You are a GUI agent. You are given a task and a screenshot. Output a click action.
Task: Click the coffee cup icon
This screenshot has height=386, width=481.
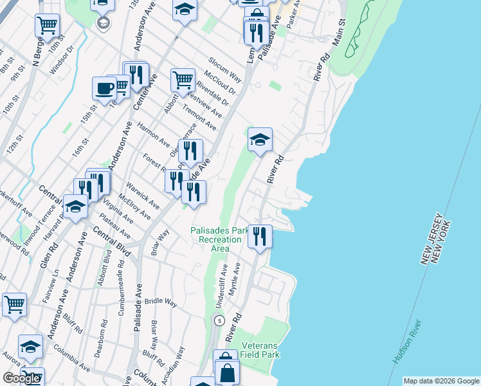pyautogui.click(x=104, y=89)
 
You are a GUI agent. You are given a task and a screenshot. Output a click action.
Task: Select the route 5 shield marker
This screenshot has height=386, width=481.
pyautogui.click(x=220, y=320)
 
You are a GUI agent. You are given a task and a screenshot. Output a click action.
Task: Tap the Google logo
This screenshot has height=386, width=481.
pyautogui.click(x=21, y=378)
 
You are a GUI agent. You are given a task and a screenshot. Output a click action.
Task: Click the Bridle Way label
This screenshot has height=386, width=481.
pyautogui.click(x=160, y=302)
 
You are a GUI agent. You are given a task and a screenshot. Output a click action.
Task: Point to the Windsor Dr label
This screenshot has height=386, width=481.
pyautogui.click(x=60, y=51)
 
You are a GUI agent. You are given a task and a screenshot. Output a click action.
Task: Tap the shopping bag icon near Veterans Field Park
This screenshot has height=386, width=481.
pyautogui.click(x=226, y=372)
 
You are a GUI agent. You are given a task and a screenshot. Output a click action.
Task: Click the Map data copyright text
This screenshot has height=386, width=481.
pyautogui.click(x=440, y=381)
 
